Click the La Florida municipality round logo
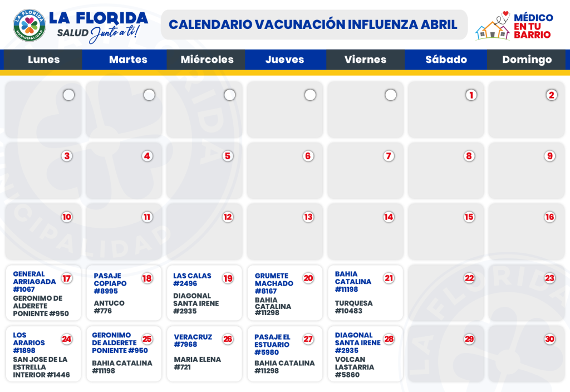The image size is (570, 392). point(30,25)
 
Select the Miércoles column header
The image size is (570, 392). point(207,60)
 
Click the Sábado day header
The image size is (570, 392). point(446,60)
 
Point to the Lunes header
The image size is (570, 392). point(43,60)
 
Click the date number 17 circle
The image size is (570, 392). point(67,278)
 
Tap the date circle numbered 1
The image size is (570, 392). point(471,95)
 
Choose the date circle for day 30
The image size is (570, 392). point(550,339)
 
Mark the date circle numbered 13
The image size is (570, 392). point(308,217)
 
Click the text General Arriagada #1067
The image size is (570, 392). point(35,281)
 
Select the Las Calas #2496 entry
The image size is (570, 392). point(192,280)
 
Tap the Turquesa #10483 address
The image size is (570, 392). point(353,307)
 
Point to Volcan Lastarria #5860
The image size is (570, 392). point(355,367)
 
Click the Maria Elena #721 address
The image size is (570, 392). point(197,363)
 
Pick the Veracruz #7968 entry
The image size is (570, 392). point(193,340)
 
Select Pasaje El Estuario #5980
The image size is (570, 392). point(272,344)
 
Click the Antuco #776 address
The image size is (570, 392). point(109,307)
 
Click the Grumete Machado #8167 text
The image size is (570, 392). point(274,283)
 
